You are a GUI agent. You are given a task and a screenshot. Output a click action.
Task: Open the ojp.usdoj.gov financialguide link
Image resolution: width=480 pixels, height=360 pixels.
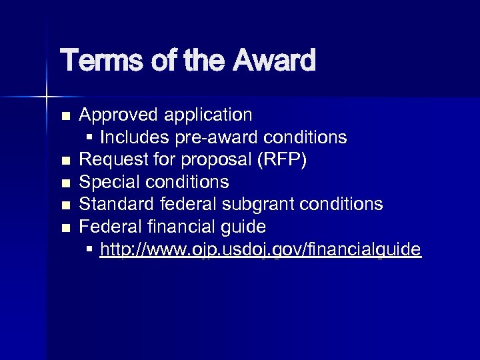pos(260,249)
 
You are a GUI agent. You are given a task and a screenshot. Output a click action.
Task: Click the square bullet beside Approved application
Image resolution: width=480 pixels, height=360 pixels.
pos(65,116)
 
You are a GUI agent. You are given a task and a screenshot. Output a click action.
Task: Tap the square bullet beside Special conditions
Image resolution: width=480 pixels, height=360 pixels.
pos(65,183)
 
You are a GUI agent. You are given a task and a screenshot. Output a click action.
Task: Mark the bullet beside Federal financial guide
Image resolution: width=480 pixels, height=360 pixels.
pos(65,227)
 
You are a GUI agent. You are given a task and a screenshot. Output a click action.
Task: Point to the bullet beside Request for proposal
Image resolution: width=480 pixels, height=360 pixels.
pos(65,161)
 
